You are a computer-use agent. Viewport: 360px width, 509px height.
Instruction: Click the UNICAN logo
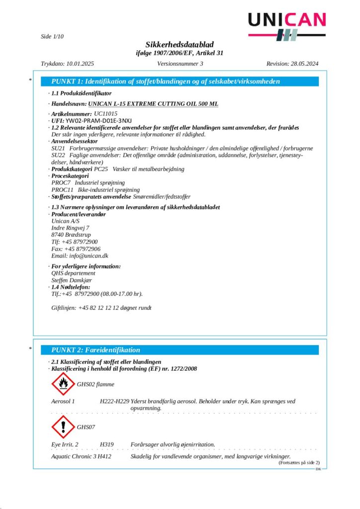click(287, 25)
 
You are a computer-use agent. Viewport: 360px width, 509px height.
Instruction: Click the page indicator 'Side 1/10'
click(52, 36)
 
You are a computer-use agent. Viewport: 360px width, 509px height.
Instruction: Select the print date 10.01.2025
click(79, 64)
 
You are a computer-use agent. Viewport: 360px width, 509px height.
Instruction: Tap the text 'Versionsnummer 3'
click(180, 64)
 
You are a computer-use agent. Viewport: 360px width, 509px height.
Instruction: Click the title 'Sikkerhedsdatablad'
click(180, 45)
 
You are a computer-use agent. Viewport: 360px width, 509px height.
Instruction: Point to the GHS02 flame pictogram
click(63, 384)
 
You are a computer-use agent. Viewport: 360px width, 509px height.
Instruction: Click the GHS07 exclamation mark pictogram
click(63, 426)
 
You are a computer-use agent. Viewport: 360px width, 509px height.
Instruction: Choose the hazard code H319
click(106, 444)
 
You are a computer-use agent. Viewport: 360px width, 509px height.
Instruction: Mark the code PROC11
click(62, 190)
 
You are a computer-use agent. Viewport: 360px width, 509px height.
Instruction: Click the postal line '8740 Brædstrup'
click(71, 235)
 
